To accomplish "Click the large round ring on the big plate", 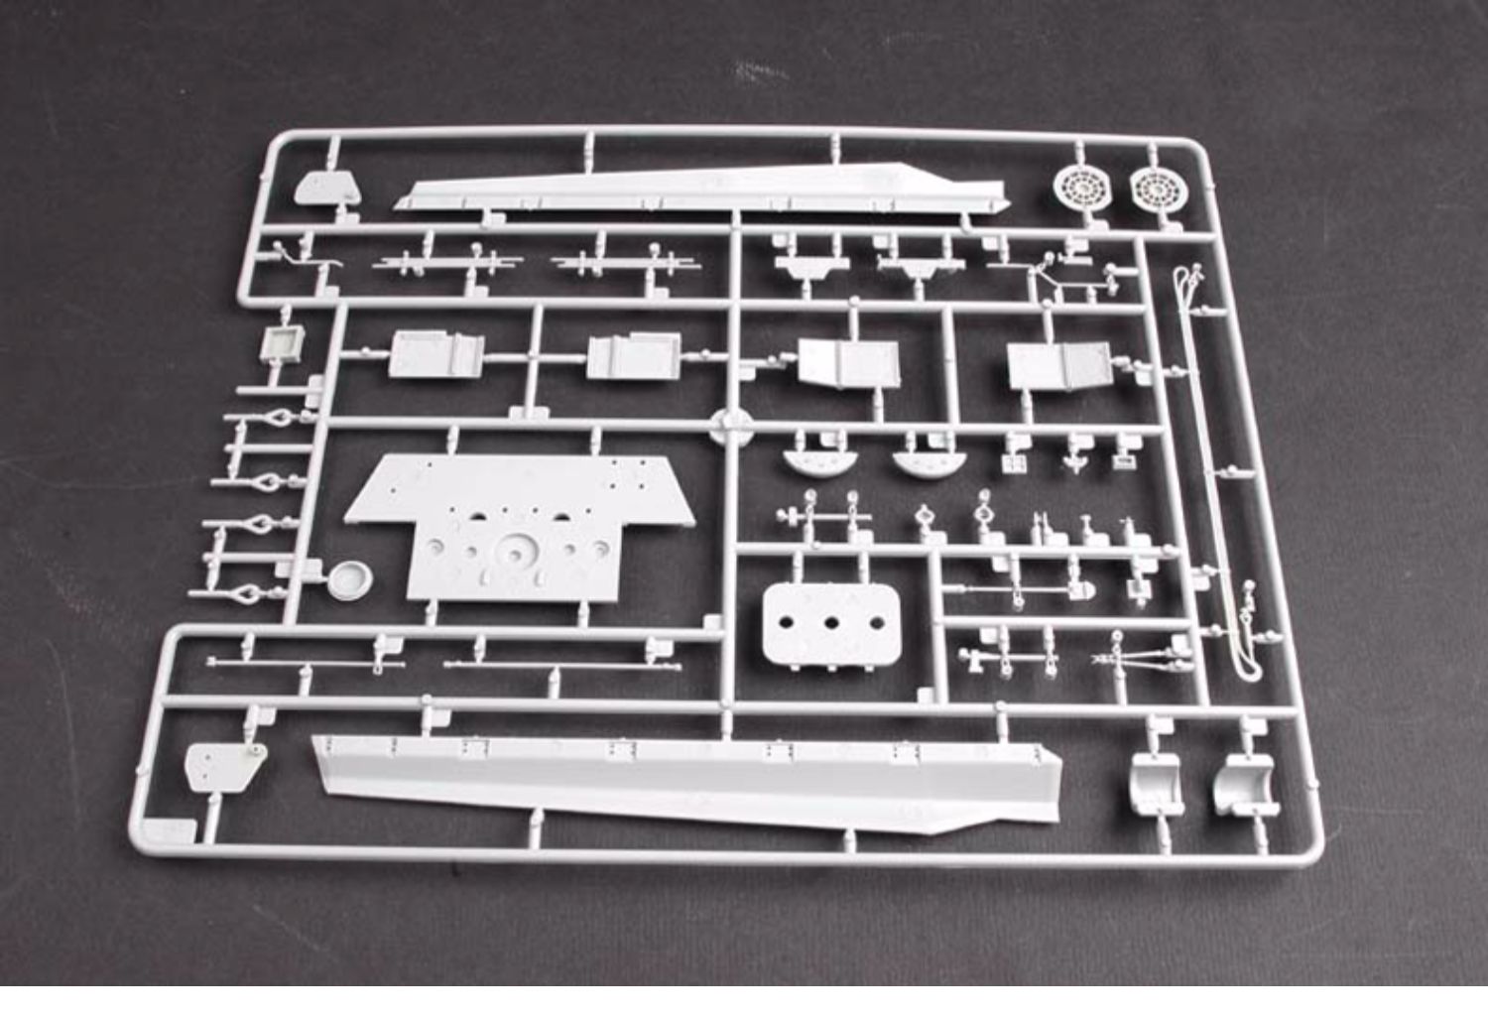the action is [515, 548].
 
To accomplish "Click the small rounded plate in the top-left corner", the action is [327, 187].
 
